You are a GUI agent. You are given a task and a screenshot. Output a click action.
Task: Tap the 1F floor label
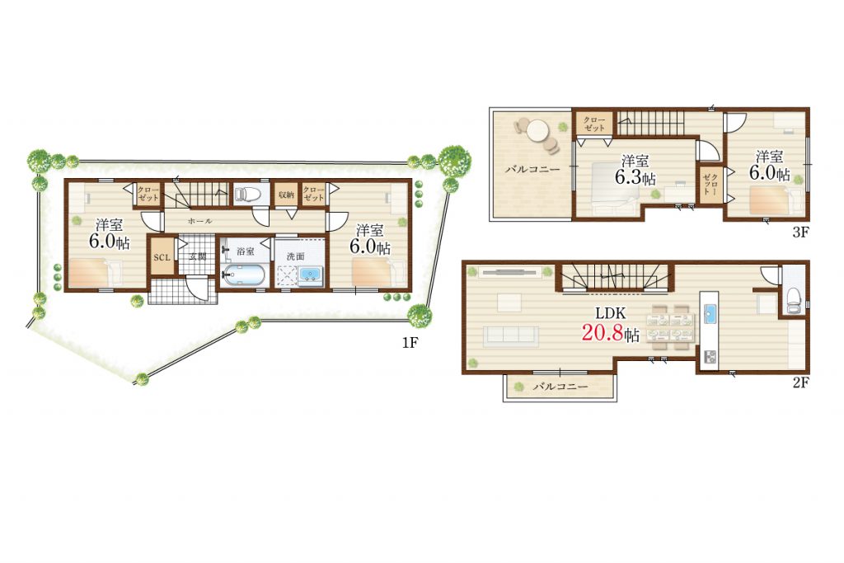tap(410, 342)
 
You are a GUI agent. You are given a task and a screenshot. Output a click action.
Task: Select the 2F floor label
tap(801, 382)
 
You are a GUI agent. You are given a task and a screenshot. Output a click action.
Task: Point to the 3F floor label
tap(801, 232)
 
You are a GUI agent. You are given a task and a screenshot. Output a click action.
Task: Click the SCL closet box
tap(162, 257)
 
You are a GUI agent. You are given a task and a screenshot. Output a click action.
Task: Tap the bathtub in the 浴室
tap(243, 276)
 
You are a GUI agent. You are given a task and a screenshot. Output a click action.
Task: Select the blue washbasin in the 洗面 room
tap(310, 275)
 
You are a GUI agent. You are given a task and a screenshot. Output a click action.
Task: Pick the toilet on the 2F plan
tap(794, 300)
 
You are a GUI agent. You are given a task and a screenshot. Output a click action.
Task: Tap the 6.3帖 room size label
tap(635, 177)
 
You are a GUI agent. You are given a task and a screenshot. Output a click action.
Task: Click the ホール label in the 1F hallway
tap(199, 221)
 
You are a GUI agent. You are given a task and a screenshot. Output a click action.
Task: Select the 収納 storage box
tap(286, 195)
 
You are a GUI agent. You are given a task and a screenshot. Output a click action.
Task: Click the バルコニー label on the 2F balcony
tap(560, 387)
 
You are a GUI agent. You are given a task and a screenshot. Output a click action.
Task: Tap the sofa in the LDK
tap(511, 335)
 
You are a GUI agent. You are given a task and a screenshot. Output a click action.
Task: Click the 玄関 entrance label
tap(197, 256)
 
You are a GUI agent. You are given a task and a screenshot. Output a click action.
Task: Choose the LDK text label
tap(611, 312)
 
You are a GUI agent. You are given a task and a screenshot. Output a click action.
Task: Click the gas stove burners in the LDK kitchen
tap(710, 356)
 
